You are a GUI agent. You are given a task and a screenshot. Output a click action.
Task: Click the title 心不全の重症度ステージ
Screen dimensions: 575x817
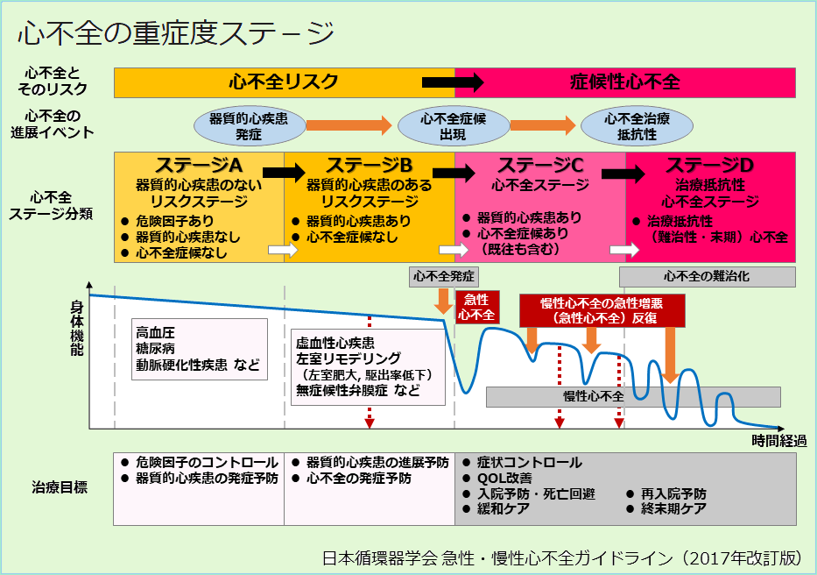(x=176, y=34)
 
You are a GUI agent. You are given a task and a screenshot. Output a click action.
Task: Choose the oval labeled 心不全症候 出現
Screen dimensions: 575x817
(x=441, y=126)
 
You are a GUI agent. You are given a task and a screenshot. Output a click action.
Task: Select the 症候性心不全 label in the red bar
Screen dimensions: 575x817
(x=624, y=82)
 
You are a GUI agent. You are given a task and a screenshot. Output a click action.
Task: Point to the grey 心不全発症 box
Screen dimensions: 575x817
(x=444, y=276)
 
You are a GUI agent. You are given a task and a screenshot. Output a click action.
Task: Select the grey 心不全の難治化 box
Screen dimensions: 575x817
(x=707, y=276)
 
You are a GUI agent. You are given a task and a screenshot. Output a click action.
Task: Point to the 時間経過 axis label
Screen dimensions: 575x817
(x=778, y=440)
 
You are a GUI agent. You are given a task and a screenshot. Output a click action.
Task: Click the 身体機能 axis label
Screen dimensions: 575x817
(x=77, y=329)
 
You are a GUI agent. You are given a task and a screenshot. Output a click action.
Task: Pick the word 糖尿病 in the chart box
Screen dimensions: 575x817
(x=156, y=349)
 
